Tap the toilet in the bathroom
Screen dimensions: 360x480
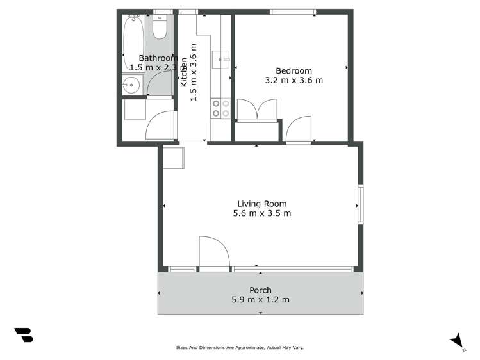point(160,28)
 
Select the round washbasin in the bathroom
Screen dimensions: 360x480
point(132,85)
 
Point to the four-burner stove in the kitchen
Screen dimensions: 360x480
point(220,108)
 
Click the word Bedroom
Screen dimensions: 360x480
point(294,71)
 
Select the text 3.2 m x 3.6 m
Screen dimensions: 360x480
point(294,81)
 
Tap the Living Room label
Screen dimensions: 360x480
point(261,204)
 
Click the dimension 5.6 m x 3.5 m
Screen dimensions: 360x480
point(261,213)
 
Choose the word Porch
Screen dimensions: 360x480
point(260,290)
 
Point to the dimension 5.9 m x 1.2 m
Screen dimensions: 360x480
point(260,300)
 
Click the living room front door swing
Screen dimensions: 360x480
point(213,251)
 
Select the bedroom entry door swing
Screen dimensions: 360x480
point(298,129)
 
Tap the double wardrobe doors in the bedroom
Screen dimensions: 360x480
point(257,110)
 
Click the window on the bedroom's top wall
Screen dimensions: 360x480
point(292,12)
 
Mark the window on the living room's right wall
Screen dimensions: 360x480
point(361,204)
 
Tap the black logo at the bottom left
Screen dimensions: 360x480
point(24,334)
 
